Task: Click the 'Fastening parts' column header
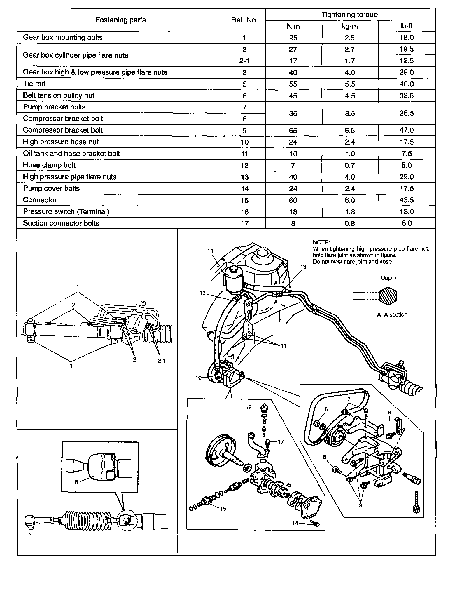pos(120,20)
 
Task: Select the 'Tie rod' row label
pos(34,84)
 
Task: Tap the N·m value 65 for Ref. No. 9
pos(293,130)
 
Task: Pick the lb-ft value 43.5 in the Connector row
pos(406,200)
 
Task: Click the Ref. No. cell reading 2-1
pos(244,61)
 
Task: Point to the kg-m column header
pos(349,26)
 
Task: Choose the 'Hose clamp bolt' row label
pos(49,165)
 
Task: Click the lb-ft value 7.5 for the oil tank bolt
pos(406,154)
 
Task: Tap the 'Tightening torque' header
pos(349,14)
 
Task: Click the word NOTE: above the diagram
pos(321,242)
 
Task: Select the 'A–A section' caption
pos(392,314)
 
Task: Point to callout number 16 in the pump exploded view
pos(248,407)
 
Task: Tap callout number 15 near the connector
pos(223,508)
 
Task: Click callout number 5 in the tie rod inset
pos(77,482)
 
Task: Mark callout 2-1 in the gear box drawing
pos(161,361)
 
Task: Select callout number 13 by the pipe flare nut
pos(303,267)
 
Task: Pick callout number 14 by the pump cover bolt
pos(295,523)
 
